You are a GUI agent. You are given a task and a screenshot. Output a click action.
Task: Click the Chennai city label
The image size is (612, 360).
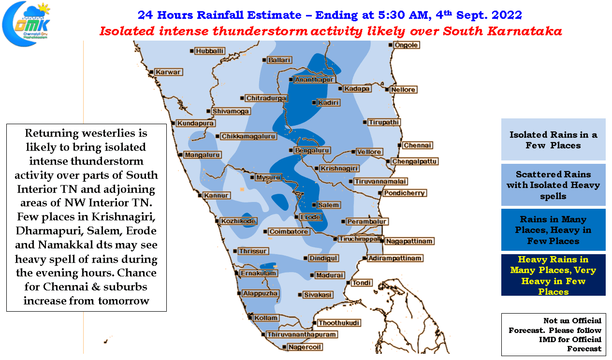point(418,145)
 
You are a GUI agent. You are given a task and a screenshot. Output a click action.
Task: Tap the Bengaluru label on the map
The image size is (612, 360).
point(312,150)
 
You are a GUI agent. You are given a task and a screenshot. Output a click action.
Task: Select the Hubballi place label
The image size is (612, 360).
point(209,51)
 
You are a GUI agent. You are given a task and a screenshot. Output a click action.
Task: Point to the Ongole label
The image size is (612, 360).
point(407,45)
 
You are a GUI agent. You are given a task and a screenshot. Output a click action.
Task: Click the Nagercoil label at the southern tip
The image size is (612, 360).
point(305,347)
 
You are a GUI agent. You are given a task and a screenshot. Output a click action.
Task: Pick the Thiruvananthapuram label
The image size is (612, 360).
point(302,334)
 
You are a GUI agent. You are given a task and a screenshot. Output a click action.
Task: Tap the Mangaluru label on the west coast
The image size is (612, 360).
point(203,155)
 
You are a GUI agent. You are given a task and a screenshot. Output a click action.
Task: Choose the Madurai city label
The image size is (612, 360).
point(330,275)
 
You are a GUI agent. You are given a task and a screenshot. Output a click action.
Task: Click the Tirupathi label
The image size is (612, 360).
point(384,122)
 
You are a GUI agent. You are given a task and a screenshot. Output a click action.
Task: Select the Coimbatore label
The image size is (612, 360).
point(289,231)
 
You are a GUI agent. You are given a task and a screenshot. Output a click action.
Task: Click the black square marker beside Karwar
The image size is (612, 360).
point(151,72)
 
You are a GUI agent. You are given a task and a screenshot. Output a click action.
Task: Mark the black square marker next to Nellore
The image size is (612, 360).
point(387,89)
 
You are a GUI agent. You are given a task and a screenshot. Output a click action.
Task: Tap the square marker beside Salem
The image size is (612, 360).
point(314,205)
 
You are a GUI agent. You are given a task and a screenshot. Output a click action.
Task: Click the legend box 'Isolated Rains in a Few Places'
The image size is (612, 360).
point(553,139)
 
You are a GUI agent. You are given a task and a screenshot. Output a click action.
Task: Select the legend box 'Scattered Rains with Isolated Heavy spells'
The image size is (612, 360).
point(553,185)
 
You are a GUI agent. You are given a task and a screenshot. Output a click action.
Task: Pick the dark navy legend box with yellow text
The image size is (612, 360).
point(553,275)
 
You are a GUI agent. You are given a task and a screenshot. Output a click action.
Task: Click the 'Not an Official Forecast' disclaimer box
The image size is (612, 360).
point(554,334)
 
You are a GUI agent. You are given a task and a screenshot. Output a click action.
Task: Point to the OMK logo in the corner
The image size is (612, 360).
point(27,24)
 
